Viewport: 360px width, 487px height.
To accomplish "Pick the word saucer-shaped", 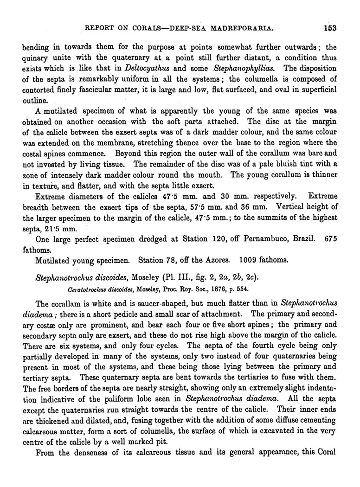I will point(135,304).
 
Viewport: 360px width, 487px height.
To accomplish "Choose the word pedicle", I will point(127,314).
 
